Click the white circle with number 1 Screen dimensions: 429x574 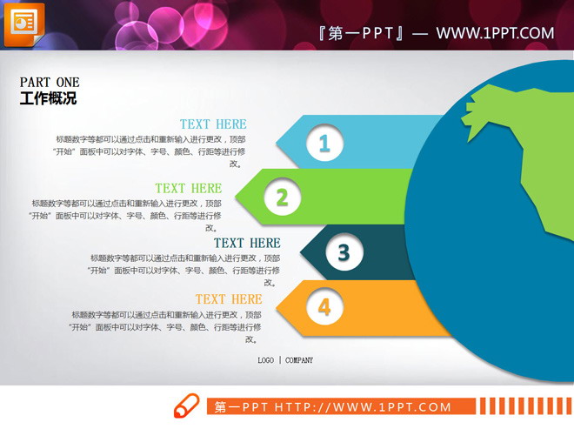[x=324, y=142]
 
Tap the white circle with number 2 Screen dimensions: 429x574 [x=282, y=198]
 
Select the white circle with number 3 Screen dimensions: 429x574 [x=344, y=253]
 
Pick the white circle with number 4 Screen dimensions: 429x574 [x=324, y=306]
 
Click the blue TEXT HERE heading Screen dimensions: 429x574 [x=213, y=124]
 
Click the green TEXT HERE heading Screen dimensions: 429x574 [x=189, y=188]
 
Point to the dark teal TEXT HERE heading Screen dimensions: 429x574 [x=247, y=243]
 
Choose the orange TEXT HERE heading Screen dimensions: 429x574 [x=229, y=299]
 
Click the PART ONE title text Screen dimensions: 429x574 [x=50, y=83]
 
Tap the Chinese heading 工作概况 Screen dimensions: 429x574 [x=48, y=99]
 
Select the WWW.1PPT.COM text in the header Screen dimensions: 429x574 [x=495, y=34]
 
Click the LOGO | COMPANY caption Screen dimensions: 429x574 [x=285, y=360]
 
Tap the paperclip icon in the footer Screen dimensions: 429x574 [x=186, y=406]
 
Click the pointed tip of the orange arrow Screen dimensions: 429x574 [x=280, y=307]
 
